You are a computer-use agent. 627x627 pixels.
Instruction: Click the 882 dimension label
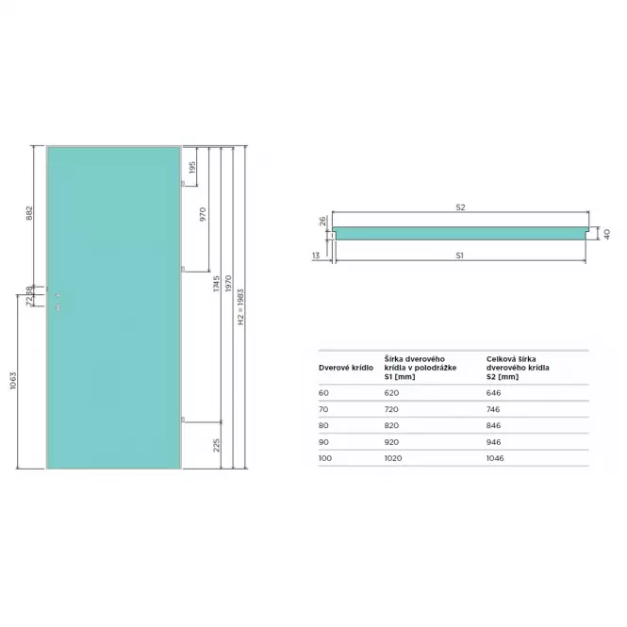[x=29, y=213]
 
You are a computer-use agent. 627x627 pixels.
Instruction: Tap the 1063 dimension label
[x=13, y=380]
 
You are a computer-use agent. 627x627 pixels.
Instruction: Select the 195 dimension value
[x=192, y=167]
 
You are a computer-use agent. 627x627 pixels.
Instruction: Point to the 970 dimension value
[x=203, y=214]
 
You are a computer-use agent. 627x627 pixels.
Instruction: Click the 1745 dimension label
[x=216, y=283]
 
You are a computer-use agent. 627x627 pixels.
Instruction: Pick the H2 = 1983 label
[x=240, y=306]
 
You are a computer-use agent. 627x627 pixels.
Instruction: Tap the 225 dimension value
[x=216, y=445]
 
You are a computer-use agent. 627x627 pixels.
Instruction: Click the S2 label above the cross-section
[x=460, y=207]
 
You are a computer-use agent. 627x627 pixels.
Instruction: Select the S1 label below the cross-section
[x=459, y=256]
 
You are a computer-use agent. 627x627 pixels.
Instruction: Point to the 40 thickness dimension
[x=607, y=234]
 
